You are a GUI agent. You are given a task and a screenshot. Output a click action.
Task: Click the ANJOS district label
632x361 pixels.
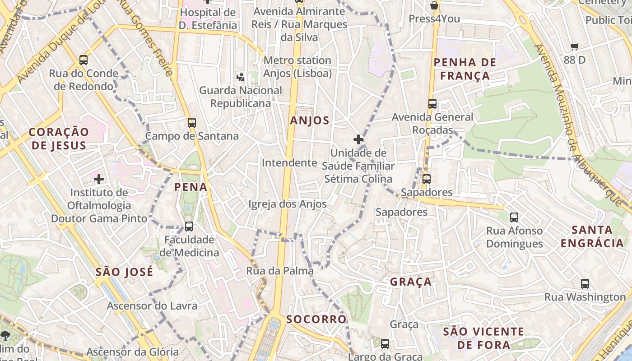[310, 120]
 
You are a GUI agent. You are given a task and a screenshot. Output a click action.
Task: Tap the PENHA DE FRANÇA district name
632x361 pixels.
[465, 69]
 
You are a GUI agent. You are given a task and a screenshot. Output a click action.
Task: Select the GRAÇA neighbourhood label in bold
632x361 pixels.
[411, 282]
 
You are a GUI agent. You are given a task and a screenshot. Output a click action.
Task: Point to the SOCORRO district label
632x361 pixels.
[316, 319]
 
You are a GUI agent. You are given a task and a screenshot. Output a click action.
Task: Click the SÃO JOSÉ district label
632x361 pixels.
[124, 272]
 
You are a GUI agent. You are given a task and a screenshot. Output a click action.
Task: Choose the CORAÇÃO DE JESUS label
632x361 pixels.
[59, 139]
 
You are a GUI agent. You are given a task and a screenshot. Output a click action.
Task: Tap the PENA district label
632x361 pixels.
[191, 187]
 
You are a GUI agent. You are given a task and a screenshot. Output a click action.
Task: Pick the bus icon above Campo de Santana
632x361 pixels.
[192, 122]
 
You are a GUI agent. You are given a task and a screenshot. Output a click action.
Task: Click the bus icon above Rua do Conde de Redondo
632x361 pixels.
[84, 60]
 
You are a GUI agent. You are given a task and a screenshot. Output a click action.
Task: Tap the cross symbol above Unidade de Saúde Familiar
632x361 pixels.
[358, 139]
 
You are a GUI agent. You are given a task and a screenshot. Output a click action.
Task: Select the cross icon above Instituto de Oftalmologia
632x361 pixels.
[99, 179]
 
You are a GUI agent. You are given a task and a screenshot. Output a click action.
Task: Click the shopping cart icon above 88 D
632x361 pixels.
[575, 46]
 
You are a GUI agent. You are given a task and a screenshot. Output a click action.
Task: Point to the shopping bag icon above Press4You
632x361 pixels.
[434, 5]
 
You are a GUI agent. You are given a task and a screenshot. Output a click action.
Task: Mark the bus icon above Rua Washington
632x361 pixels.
[585, 284]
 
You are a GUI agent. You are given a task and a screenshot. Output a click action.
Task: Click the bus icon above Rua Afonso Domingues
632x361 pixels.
[514, 218]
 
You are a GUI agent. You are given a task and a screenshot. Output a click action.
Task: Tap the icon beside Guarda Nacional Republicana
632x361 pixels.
[241, 77]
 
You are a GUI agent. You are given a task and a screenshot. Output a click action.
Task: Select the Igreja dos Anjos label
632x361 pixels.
[288, 204]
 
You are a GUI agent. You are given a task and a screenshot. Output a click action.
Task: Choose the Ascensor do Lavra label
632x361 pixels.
[152, 306]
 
